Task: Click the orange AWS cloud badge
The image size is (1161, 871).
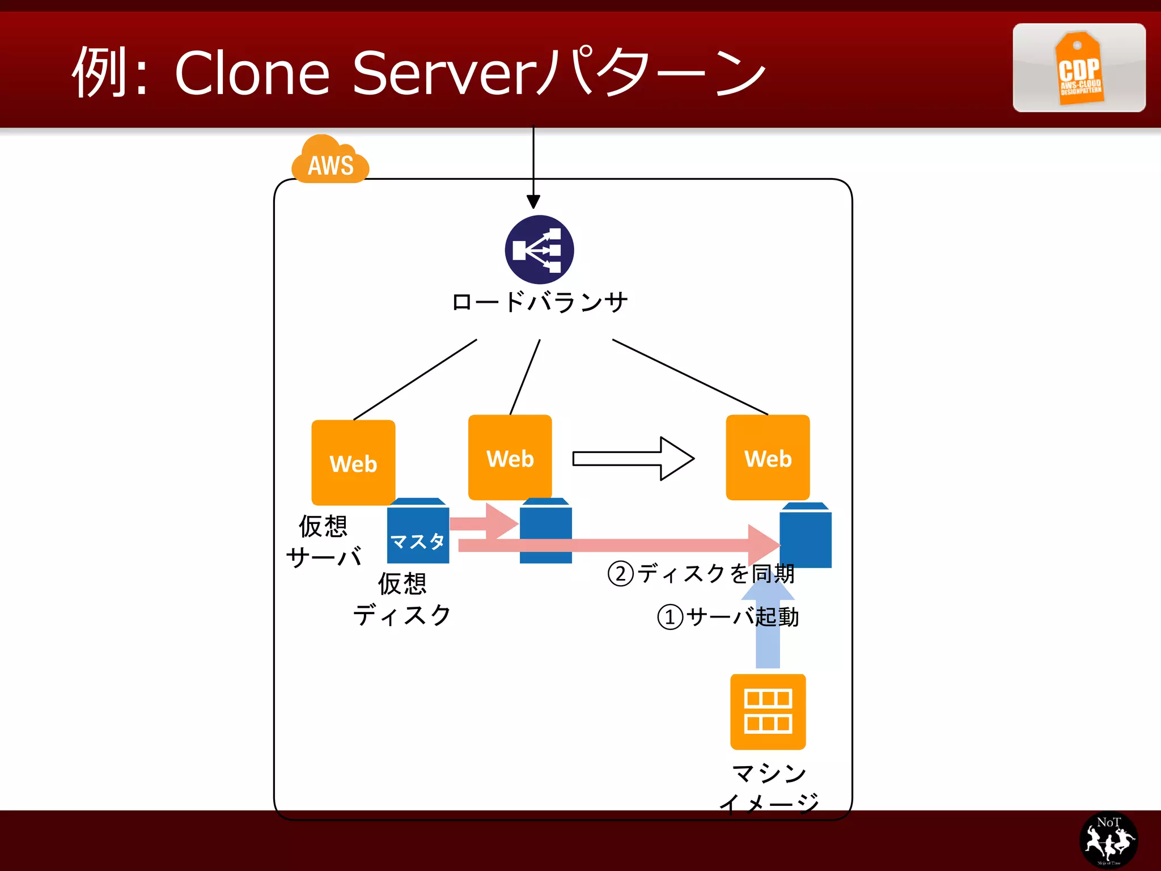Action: point(330,161)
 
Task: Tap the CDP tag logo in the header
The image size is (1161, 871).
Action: point(1079,69)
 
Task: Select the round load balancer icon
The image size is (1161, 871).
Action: point(539,250)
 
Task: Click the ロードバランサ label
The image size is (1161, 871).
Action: point(539,302)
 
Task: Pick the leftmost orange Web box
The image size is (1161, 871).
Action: point(353,462)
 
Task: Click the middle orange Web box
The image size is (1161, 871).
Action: point(510,457)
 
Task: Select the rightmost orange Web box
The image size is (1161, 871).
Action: point(768,457)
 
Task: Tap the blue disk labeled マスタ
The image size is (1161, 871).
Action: point(418,532)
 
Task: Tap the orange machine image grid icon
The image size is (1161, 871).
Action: point(768,712)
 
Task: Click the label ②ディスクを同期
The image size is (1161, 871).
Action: point(701,573)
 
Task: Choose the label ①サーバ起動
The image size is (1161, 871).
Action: point(728,616)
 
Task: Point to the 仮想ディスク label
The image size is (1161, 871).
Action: point(402,599)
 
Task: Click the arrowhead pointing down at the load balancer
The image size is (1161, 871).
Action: point(533,201)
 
